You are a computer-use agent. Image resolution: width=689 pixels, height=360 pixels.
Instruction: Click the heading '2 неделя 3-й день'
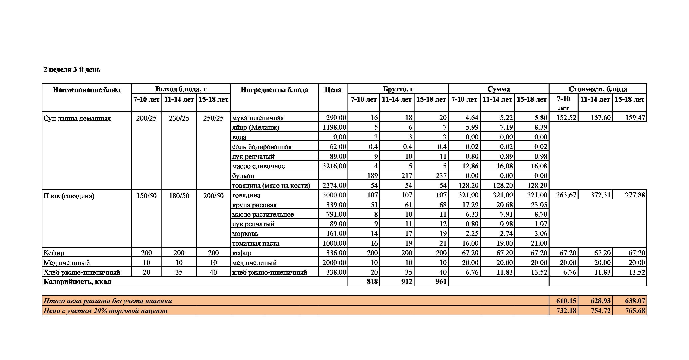click(x=72, y=70)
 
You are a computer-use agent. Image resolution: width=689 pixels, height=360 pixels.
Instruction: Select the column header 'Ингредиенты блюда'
click(x=274, y=90)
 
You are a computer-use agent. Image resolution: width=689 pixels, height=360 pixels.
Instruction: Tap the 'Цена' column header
click(x=333, y=90)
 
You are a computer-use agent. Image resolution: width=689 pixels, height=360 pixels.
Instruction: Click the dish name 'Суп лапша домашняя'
click(x=77, y=118)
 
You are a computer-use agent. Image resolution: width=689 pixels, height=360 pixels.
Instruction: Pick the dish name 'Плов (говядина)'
click(x=69, y=196)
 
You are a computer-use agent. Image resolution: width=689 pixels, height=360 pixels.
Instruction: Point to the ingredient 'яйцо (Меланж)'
click(x=255, y=127)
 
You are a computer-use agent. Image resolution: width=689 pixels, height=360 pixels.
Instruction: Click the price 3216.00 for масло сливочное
click(x=334, y=166)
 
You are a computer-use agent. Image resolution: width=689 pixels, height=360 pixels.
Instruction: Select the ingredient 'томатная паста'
click(x=255, y=243)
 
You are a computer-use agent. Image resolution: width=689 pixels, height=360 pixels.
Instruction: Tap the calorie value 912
click(x=407, y=281)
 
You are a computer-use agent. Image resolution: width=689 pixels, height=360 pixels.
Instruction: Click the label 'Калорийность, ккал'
click(x=77, y=282)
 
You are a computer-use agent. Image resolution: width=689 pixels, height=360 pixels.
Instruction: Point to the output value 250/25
click(x=213, y=118)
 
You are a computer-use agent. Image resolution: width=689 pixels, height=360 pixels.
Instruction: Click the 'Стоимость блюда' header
click(x=598, y=89)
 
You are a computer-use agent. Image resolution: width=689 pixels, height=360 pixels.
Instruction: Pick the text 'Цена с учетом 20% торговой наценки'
click(x=105, y=311)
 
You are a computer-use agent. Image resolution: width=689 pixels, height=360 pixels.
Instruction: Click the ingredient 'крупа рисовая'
click(x=254, y=205)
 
